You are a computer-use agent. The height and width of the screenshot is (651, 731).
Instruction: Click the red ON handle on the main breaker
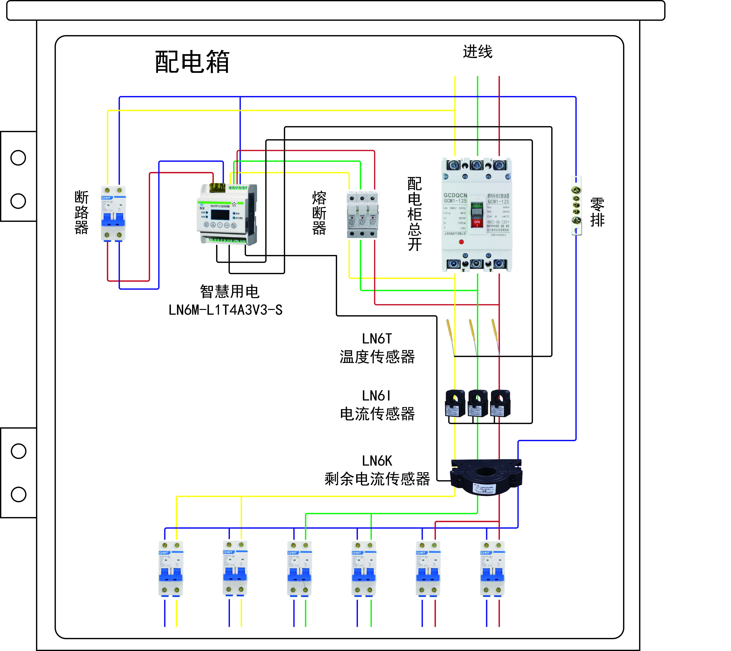tap(477, 223)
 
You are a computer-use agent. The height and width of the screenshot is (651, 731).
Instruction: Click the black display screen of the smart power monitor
tap(220, 215)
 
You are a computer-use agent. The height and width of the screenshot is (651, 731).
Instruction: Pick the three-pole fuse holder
tap(362, 215)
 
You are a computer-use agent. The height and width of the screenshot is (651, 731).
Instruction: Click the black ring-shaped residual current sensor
tap(486, 477)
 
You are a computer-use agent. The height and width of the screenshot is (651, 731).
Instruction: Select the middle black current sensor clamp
tap(478, 403)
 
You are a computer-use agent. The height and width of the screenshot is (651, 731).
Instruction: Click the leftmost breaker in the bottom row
tap(171, 569)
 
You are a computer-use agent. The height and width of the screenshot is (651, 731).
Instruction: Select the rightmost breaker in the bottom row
tap(492, 569)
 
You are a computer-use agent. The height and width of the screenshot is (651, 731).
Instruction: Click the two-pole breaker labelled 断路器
tap(113, 213)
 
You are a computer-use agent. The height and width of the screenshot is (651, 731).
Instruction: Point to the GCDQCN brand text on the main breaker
tap(455, 195)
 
